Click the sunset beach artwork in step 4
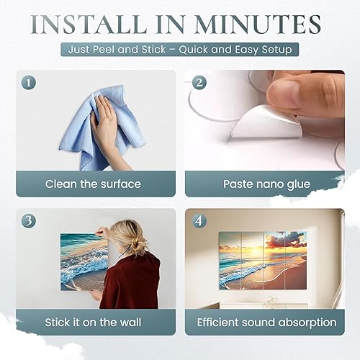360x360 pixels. click(263, 260)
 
